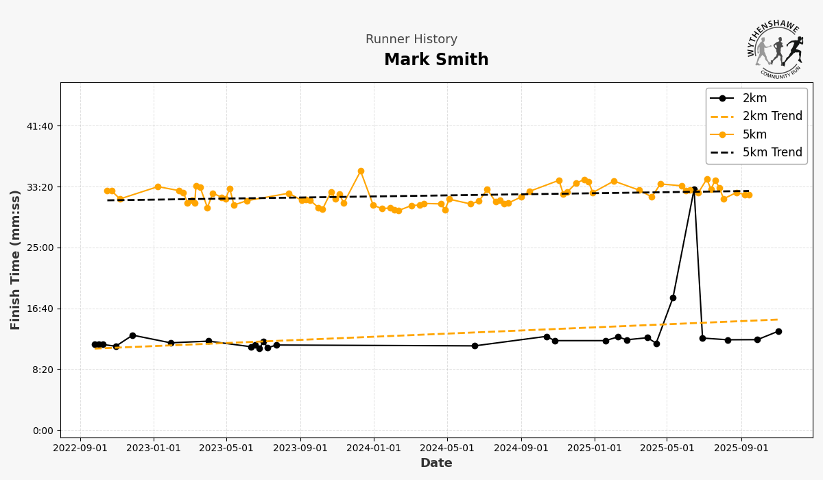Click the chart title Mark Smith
click(x=436, y=60)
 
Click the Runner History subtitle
click(x=411, y=40)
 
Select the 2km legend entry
click(x=754, y=98)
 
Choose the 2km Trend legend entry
click(x=772, y=117)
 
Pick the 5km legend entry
click(x=754, y=134)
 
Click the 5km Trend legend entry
click(x=772, y=152)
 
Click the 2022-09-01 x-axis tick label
click(x=80, y=448)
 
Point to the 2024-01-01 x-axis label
click(x=374, y=448)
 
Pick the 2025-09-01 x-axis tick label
click(x=741, y=448)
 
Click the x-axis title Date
click(x=436, y=464)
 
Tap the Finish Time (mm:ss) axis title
click(x=16, y=260)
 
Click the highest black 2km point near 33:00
click(x=694, y=190)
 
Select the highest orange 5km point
click(x=361, y=171)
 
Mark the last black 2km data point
click(x=778, y=332)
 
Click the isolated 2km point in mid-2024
click(x=475, y=346)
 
